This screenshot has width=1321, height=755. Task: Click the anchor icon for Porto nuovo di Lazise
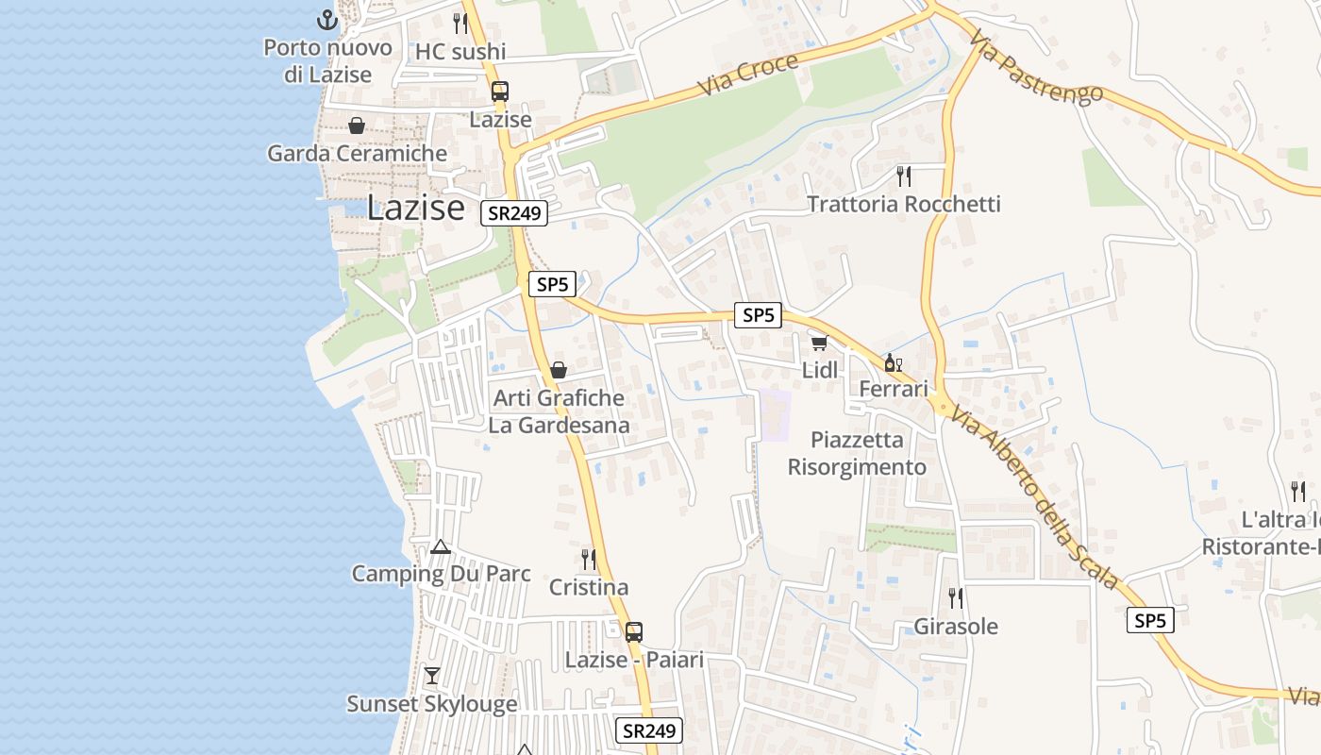click(x=326, y=20)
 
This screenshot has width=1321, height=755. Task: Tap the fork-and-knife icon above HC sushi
click(x=460, y=24)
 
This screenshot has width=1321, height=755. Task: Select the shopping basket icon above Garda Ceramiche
click(x=357, y=126)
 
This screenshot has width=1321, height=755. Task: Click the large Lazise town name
click(x=415, y=208)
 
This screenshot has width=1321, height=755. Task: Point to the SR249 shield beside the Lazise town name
click(x=514, y=213)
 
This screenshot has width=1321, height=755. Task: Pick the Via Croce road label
click(x=748, y=75)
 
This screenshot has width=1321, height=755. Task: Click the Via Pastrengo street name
click(x=1036, y=69)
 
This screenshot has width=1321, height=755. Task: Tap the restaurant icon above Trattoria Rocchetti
click(x=904, y=176)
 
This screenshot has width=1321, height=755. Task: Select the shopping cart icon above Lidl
click(x=819, y=343)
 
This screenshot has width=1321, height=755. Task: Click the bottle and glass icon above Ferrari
click(x=893, y=362)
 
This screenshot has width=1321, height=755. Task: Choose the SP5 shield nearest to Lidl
click(x=759, y=315)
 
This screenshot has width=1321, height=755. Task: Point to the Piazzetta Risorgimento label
click(x=857, y=454)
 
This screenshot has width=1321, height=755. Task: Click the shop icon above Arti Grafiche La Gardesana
click(x=559, y=370)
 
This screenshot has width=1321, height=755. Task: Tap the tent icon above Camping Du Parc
click(x=441, y=546)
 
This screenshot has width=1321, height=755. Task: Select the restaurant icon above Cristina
click(x=589, y=560)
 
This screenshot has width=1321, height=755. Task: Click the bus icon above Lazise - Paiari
click(x=634, y=632)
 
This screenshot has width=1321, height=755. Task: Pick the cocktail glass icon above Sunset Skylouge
click(x=432, y=676)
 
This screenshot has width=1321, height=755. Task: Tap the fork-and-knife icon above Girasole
click(x=956, y=598)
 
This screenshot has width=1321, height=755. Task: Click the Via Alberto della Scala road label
click(x=1035, y=497)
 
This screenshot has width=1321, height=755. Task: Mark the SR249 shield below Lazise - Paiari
click(x=649, y=730)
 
